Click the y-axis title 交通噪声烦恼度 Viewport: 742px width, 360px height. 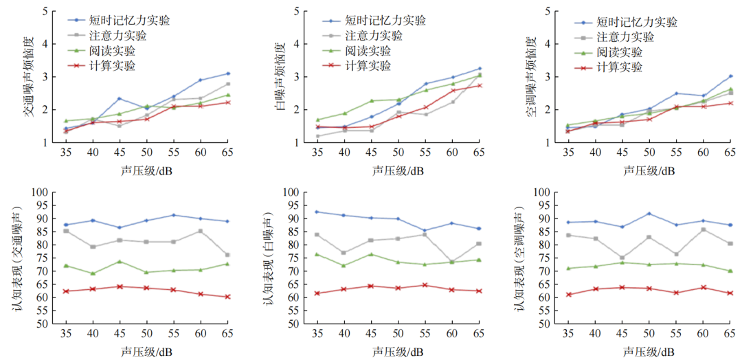point(30,76)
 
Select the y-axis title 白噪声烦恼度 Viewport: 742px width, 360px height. point(280,76)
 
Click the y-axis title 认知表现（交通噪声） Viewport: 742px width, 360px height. point(19,258)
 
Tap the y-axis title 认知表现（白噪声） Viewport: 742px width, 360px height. point(269,258)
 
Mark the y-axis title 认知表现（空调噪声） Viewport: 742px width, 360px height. point(519,258)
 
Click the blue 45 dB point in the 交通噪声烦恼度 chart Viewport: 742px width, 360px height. point(118,99)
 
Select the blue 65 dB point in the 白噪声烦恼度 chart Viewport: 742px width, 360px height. point(480,69)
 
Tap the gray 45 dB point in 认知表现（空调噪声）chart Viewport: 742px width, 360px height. point(622,258)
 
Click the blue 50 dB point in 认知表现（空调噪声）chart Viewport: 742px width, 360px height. point(649,214)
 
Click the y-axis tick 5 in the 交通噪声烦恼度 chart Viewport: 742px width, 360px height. point(45,12)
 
